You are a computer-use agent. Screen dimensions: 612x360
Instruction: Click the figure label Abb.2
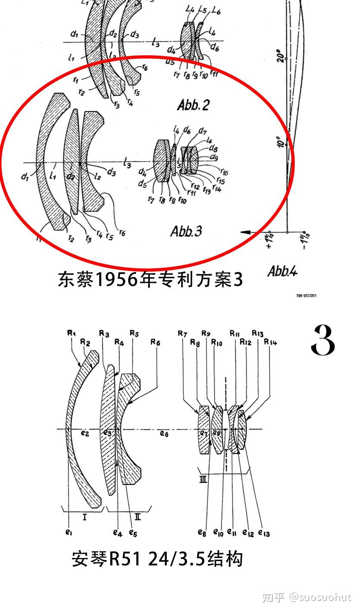(x=193, y=105)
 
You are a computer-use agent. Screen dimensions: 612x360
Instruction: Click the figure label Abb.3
(x=186, y=231)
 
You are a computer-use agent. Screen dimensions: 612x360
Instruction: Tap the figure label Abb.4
(x=282, y=271)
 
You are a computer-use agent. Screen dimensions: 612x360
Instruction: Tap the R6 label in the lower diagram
(x=155, y=342)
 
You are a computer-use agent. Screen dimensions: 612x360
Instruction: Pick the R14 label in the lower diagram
(x=271, y=342)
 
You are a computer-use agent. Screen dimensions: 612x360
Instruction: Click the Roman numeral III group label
(x=203, y=479)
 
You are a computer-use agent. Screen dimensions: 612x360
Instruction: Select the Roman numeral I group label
(x=84, y=516)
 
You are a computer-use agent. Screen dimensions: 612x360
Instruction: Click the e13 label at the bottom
(x=264, y=533)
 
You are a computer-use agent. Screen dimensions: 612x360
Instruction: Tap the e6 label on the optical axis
(x=164, y=434)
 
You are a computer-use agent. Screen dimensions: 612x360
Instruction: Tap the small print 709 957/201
(x=306, y=296)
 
